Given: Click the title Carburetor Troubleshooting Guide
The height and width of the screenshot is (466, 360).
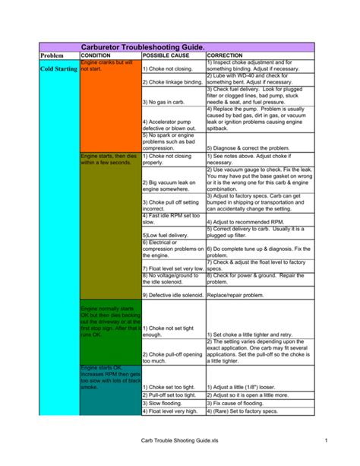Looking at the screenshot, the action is (143, 47).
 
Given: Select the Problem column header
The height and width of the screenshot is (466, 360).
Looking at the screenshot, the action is (52, 56).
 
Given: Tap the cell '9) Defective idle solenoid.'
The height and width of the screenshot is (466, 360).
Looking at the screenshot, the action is (172, 294).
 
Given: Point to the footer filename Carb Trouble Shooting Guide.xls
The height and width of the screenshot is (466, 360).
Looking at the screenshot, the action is (179, 442).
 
